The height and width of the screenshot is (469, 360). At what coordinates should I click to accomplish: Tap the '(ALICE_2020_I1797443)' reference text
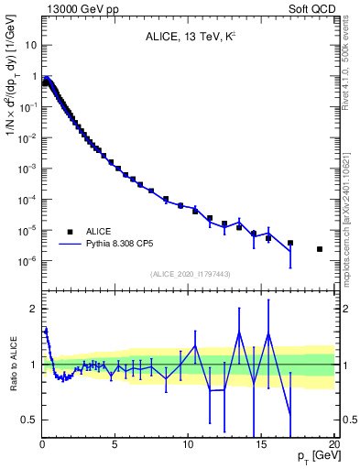(x=189, y=274)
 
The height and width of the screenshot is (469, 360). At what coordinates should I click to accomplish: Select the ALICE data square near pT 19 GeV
(x=320, y=249)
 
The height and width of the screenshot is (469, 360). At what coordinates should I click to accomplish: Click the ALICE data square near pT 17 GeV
(x=290, y=243)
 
